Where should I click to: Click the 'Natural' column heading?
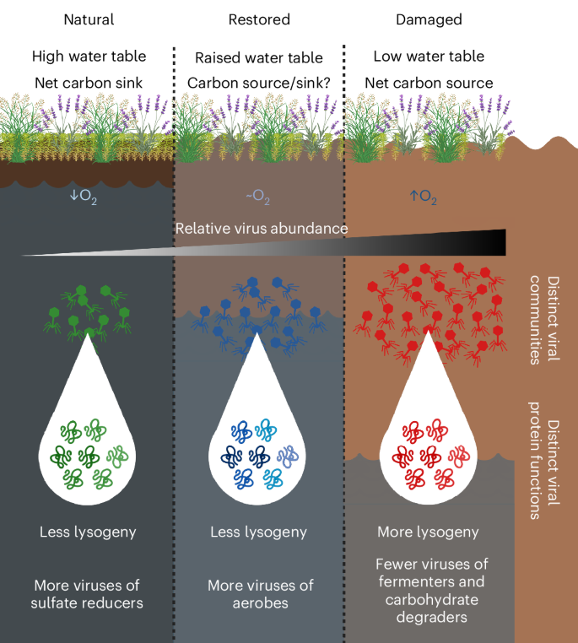(x=89, y=19)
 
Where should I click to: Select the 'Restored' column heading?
(x=258, y=19)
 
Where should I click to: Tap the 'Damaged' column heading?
(x=428, y=19)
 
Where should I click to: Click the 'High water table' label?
(x=89, y=57)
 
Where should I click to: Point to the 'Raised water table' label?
(x=258, y=57)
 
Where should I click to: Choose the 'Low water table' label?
(x=429, y=57)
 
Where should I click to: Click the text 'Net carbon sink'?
(x=89, y=83)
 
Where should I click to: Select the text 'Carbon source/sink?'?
(x=258, y=83)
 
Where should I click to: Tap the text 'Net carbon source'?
(x=429, y=83)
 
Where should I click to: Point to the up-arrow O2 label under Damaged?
(x=424, y=197)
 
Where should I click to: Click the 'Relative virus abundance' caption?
(x=261, y=228)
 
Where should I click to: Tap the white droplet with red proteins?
(x=429, y=439)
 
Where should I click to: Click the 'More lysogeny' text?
(x=427, y=532)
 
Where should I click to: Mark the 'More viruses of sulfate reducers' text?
(x=89, y=594)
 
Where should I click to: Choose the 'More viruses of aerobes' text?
(x=258, y=594)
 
